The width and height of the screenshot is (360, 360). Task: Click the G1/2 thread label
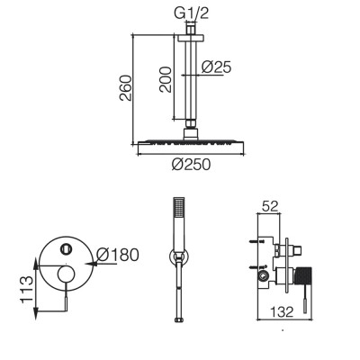coord(191,13)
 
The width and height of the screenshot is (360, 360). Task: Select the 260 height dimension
coord(126,88)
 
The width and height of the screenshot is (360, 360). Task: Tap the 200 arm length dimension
coord(166,79)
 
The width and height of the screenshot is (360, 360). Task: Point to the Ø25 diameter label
coord(216,67)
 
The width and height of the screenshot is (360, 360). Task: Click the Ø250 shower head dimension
coord(191,165)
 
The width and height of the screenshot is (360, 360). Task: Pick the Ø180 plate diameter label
coord(118,255)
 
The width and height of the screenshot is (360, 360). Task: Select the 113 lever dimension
coord(26,290)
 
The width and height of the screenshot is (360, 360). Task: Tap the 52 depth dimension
coord(270,206)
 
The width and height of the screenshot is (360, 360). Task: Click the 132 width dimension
coord(282,312)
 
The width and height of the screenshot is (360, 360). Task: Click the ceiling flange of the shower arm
coord(191,38)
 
